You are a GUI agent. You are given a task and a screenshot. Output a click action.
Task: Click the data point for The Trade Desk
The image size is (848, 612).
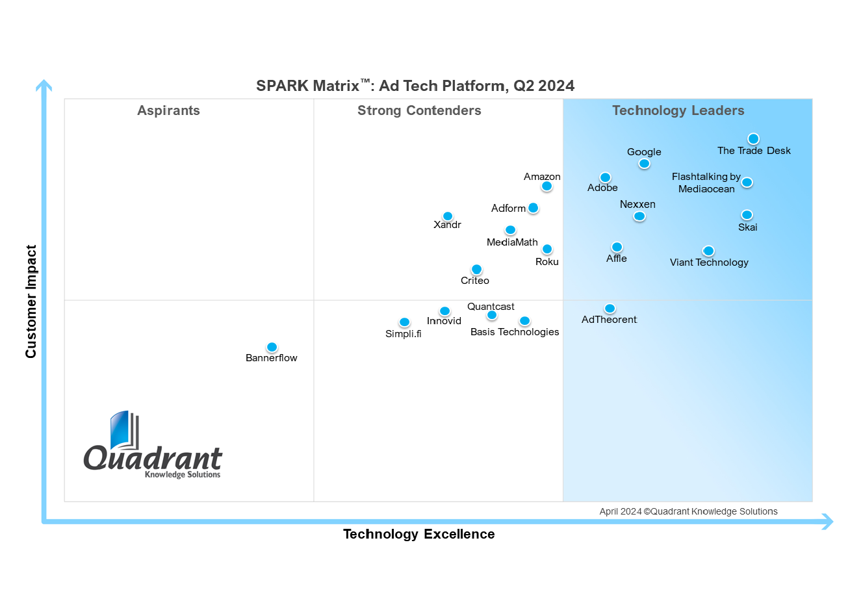(x=753, y=138)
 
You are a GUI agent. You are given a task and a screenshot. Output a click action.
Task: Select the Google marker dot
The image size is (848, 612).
(x=644, y=164)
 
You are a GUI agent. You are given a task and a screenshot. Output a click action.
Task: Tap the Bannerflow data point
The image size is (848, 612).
(x=272, y=348)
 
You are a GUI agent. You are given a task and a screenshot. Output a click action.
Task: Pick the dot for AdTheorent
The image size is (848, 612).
(x=610, y=309)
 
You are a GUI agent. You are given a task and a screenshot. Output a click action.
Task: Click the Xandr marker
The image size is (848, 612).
(x=448, y=216)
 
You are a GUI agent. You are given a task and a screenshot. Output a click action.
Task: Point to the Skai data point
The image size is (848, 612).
(x=747, y=215)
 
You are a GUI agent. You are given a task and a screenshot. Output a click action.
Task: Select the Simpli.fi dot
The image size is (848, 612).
(x=404, y=322)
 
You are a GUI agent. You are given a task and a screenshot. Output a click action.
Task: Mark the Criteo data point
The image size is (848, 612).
(x=476, y=270)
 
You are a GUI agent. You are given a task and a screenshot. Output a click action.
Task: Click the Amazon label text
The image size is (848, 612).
(x=542, y=177)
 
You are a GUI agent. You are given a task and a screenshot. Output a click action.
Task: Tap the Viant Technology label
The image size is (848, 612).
(x=709, y=262)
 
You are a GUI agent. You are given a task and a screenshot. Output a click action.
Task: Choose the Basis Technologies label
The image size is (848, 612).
(x=515, y=332)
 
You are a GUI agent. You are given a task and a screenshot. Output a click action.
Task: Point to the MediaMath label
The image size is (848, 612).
(x=512, y=242)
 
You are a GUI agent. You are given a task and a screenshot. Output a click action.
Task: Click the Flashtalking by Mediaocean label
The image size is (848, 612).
(x=706, y=183)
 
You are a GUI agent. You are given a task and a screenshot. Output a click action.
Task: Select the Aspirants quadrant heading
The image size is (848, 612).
(x=168, y=110)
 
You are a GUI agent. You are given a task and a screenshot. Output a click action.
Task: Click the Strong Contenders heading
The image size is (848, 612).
(x=419, y=110)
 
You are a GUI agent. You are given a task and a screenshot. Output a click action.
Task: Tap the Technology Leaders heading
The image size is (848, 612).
(x=678, y=110)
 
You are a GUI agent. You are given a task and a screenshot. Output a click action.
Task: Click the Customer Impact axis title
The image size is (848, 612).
(x=31, y=301)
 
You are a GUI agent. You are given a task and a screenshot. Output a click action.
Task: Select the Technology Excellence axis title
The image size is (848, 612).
(x=418, y=534)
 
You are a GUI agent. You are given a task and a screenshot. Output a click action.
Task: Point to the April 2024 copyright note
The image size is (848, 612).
(x=688, y=511)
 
